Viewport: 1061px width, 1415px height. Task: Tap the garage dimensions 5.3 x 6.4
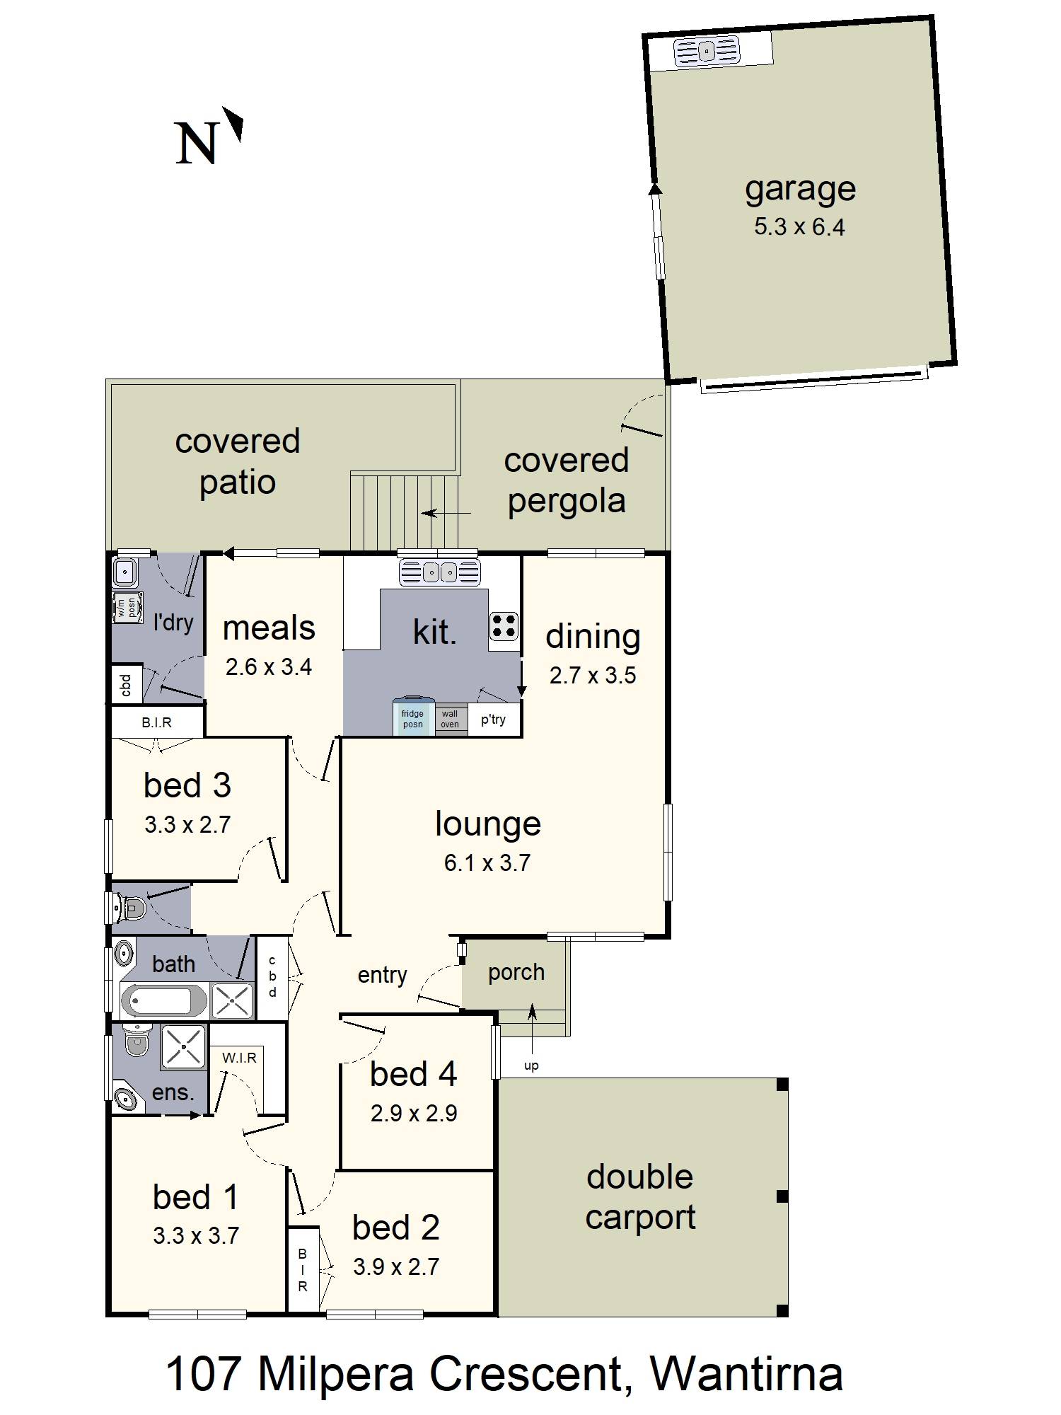(799, 227)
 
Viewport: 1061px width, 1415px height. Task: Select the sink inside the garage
(707, 52)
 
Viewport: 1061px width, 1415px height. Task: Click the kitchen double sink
(439, 572)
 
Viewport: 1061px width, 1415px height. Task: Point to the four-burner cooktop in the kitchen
(504, 627)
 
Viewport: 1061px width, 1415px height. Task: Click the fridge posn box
(413, 719)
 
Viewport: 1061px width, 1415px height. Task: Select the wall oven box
(450, 720)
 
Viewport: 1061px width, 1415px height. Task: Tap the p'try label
(493, 720)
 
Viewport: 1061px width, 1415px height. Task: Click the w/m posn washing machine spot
(128, 608)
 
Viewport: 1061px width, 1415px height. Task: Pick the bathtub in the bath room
(165, 1002)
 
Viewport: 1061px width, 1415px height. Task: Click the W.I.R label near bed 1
(239, 1058)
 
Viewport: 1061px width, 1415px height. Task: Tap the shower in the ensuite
(184, 1046)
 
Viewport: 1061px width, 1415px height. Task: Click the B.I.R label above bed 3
(156, 722)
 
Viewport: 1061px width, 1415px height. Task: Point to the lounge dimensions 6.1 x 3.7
(487, 862)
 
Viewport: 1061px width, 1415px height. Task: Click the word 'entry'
(382, 975)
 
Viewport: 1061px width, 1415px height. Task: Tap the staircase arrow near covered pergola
(446, 513)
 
